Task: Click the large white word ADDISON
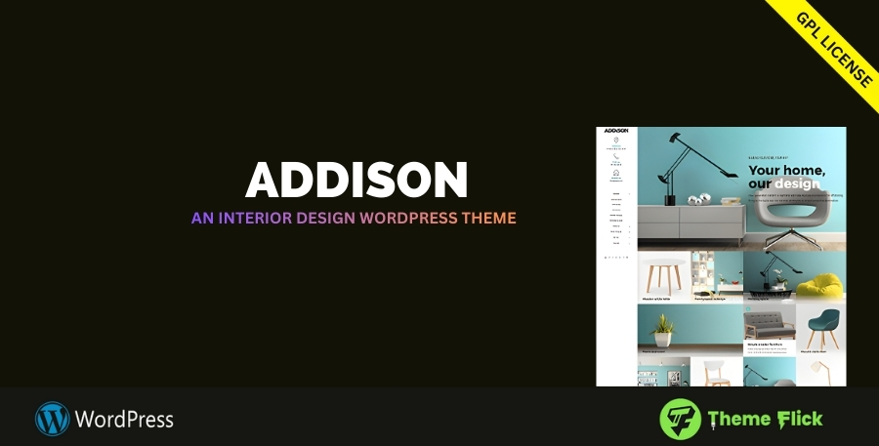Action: [x=356, y=181]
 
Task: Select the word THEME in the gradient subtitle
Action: [x=485, y=219]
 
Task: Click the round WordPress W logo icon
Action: [x=52, y=420]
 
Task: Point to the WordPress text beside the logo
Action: [x=124, y=420]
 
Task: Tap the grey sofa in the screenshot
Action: [x=768, y=325]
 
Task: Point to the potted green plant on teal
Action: [x=663, y=329]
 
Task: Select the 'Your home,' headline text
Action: [x=786, y=171]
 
